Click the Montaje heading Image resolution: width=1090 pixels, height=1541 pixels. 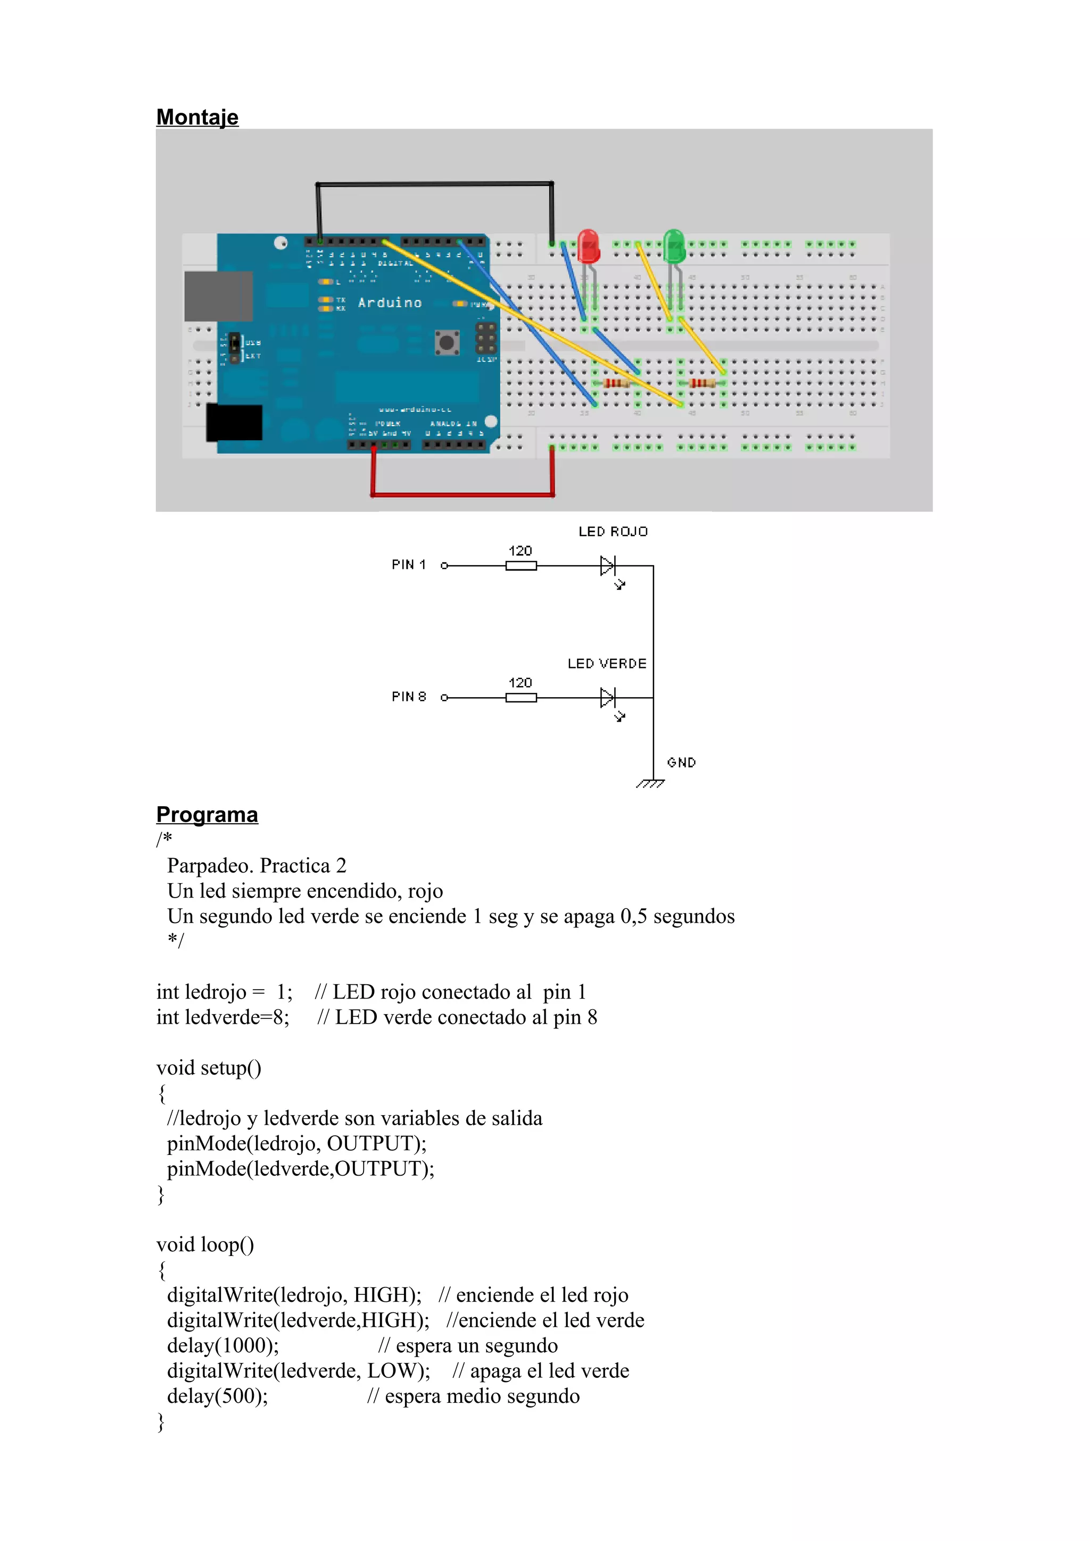(x=197, y=117)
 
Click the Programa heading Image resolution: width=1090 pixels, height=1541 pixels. (x=207, y=814)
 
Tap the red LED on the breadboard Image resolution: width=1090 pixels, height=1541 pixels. (x=588, y=246)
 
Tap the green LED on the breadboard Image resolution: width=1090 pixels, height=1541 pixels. (x=674, y=246)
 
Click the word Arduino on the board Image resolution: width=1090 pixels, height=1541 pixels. (x=390, y=303)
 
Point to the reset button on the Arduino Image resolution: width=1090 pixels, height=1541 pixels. (x=447, y=342)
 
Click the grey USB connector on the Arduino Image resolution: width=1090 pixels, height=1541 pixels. (x=218, y=296)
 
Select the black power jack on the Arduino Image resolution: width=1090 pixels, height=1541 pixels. (x=234, y=422)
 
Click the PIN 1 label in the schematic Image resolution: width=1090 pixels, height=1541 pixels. (x=408, y=565)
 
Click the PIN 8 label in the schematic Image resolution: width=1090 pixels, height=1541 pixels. (x=408, y=697)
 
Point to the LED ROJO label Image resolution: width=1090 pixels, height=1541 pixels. (x=613, y=532)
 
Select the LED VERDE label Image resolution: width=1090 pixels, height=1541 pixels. (x=606, y=664)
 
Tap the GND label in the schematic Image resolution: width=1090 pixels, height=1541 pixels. (x=681, y=763)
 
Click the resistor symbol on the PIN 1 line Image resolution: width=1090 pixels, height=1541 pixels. (x=521, y=566)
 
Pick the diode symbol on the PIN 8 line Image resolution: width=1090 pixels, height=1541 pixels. (x=607, y=697)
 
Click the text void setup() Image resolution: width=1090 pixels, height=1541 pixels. (x=209, y=1067)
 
